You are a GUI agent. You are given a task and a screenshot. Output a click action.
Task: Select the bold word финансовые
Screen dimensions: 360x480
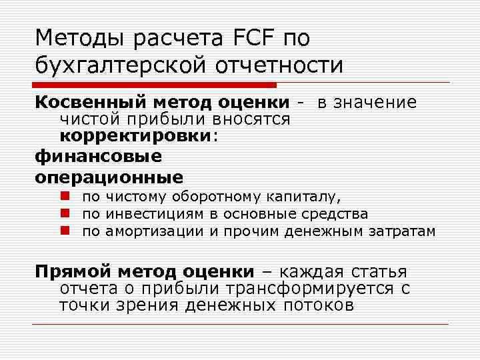(x=98, y=156)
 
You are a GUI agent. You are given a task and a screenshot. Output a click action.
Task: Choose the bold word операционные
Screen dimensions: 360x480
(x=109, y=177)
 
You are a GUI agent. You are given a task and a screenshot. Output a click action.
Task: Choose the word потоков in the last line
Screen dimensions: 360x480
(x=319, y=306)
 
